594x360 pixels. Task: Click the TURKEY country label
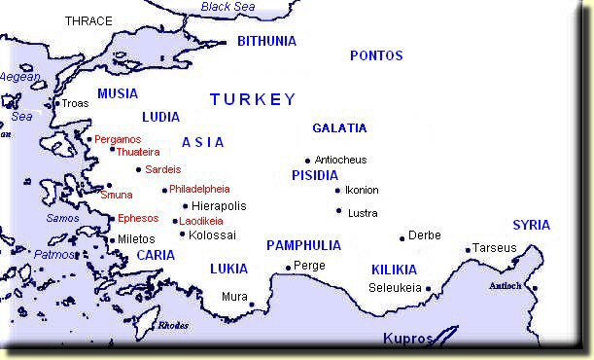[252, 100]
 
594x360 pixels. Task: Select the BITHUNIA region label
[267, 42]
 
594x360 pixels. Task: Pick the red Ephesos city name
[138, 219]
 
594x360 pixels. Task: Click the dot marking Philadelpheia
[164, 190]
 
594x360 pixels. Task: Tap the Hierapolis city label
[219, 206]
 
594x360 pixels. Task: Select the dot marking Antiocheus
[308, 161]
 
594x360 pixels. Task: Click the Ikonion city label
[362, 190]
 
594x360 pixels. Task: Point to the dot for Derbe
[402, 238]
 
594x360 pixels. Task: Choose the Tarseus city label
[496, 248]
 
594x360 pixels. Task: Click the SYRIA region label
[531, 225]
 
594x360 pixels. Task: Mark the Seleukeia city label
[395, 288]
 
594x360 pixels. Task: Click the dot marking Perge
[288, 268]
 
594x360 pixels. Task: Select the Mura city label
[234, 296]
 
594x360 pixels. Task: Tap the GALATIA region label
[339, 128]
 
